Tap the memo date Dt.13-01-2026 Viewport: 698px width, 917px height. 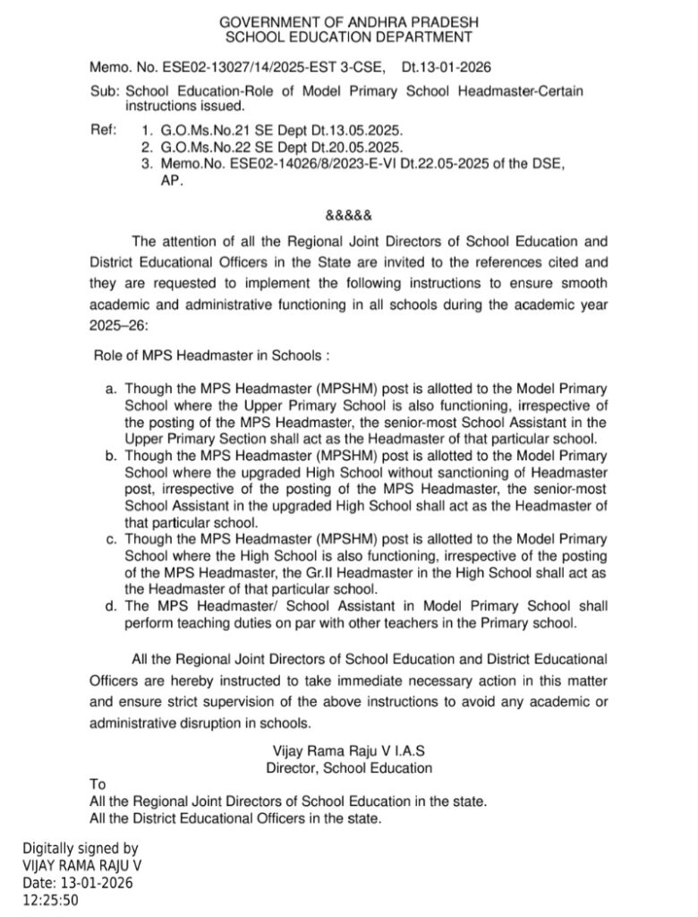click(x=446, y=67)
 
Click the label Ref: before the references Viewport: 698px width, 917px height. click(x=104, y=130)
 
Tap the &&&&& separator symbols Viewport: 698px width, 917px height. click(x=348, y=216)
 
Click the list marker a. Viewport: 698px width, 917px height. click(x=112, y=390)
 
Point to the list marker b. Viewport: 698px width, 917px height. click(x=112, y=457)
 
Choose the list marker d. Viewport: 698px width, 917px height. click(x=112, y=605)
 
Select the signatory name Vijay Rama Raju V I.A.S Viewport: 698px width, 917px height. click(x=349, y=750)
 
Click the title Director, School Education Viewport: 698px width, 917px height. click(x=349, y=767)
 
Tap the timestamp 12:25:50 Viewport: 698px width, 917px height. click(x=50, y=899)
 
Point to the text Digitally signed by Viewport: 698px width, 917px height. click(x=81, y=848)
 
